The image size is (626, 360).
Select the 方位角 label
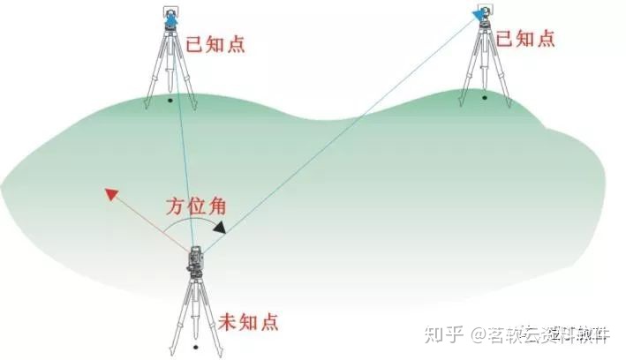point(196,208)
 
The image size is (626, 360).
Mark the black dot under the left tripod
point(170,101)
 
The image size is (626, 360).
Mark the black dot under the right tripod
point(484,97)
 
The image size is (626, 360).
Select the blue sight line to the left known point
point(183,132)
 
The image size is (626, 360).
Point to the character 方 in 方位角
point(175,208)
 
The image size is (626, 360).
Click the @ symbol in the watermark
point(479,335)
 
